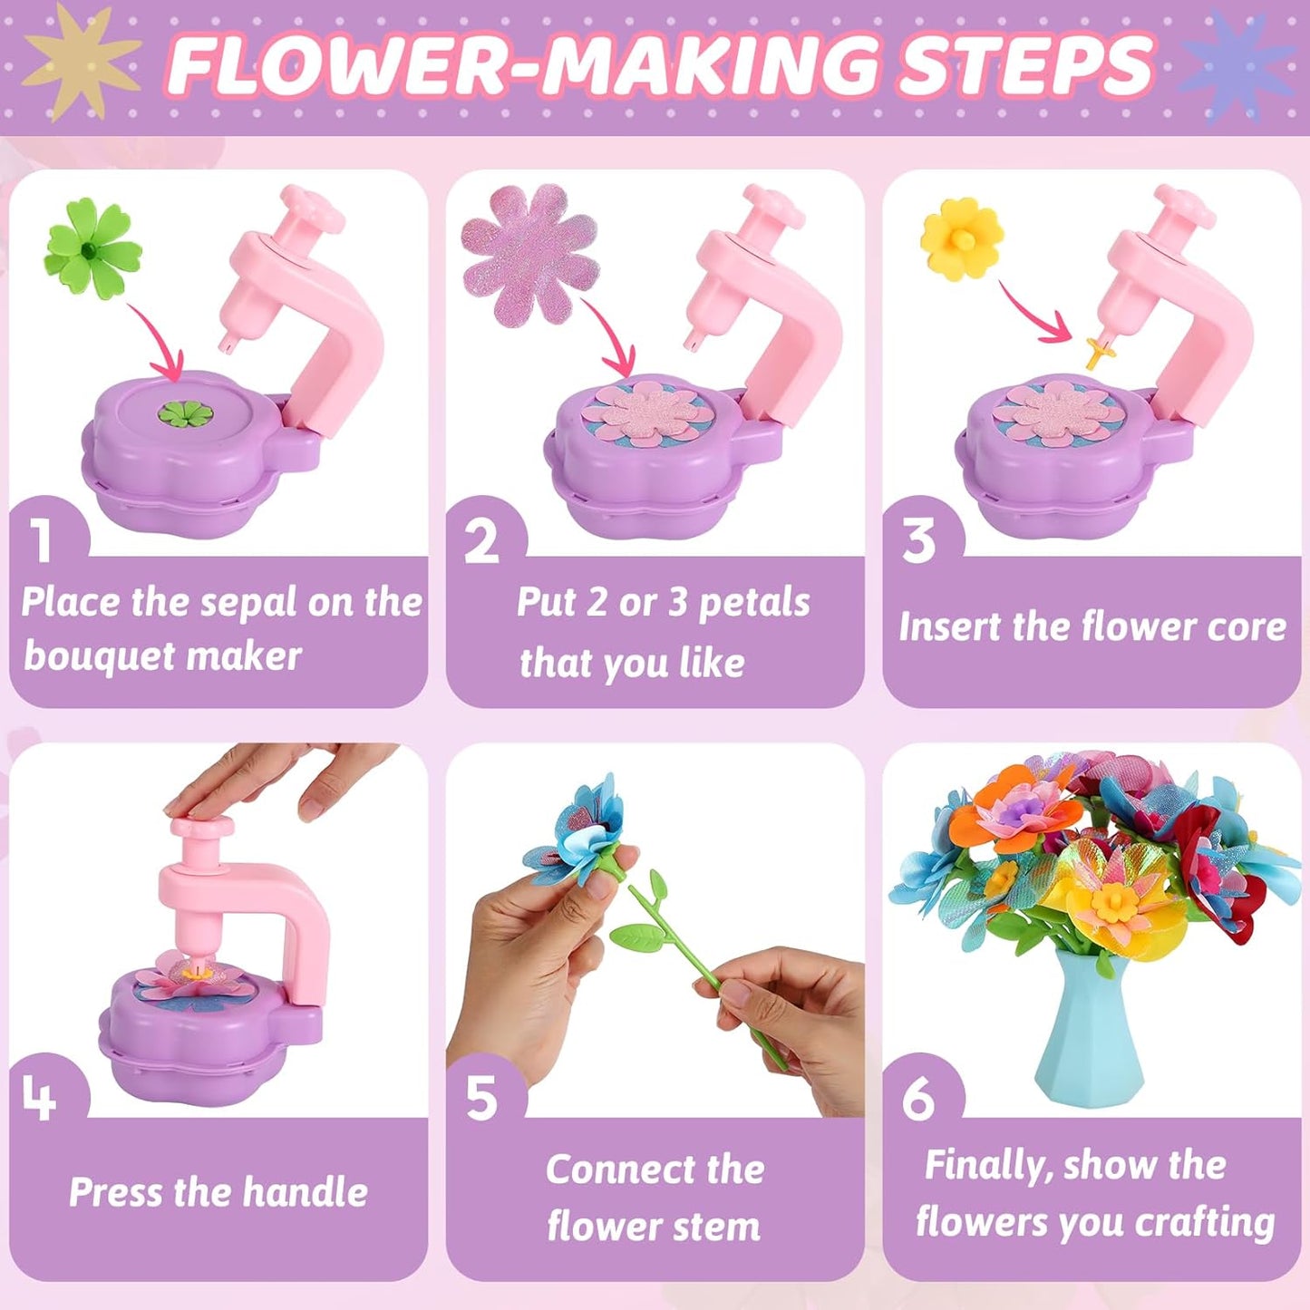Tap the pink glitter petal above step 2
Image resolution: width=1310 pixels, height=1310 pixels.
[x=529, y=255]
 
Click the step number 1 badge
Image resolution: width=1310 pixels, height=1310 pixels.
[x=42, y=540]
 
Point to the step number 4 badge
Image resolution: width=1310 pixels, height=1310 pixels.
[x=40, y=1099]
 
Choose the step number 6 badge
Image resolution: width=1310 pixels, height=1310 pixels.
[x=917, y=1099]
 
